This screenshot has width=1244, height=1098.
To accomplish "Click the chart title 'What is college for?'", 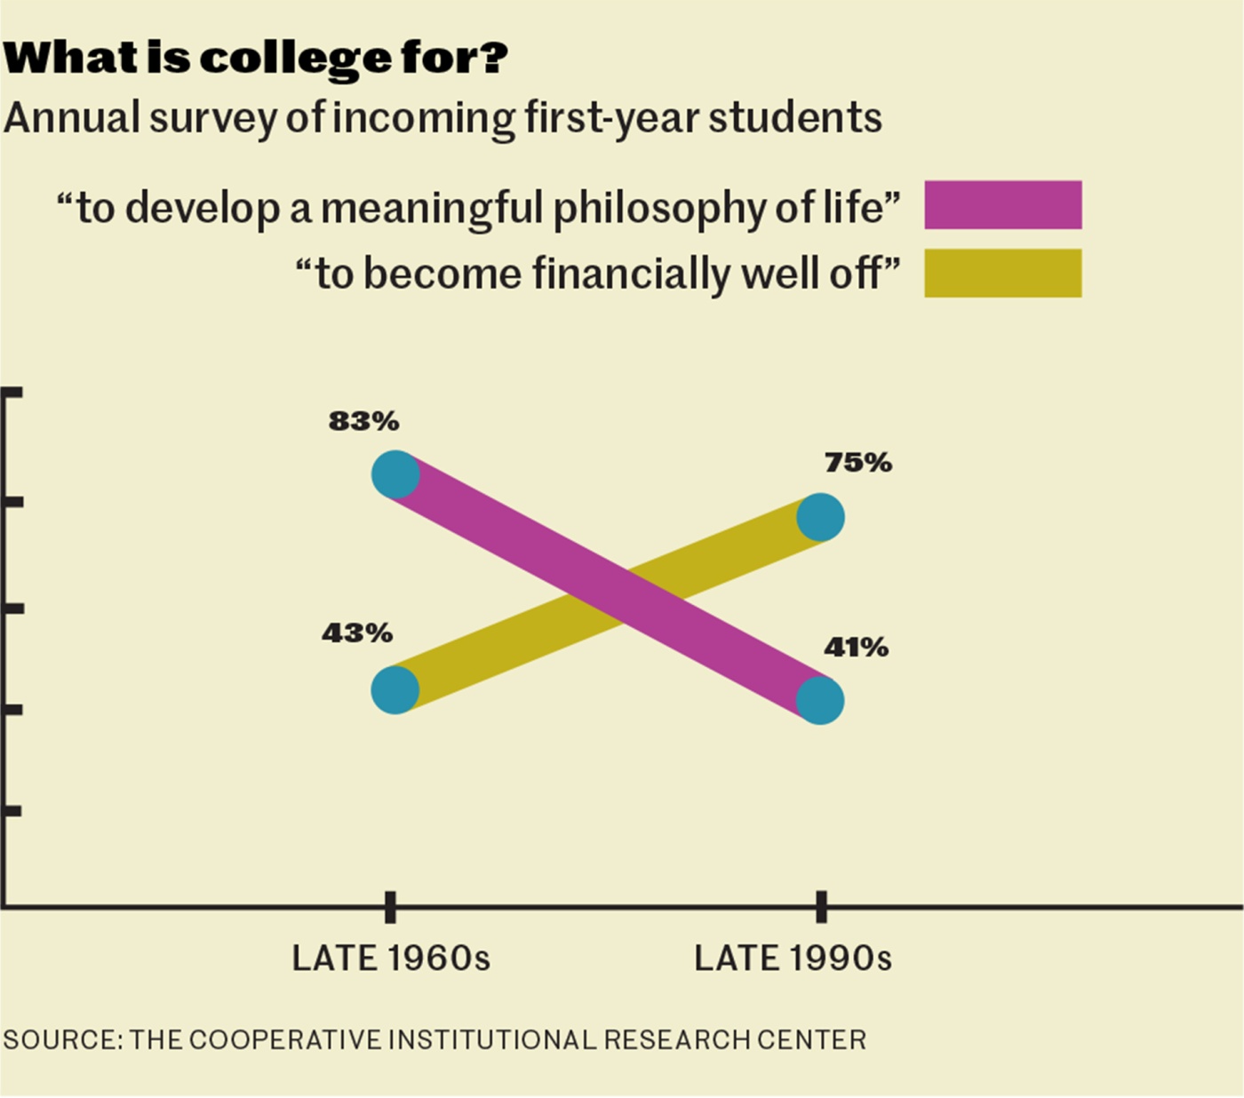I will click(255, 58).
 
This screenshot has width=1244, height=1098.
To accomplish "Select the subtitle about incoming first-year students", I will click(443, 118).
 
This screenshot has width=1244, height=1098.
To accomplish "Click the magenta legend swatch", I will click(1002, 205).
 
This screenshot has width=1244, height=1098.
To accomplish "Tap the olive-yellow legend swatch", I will click(1002, 273).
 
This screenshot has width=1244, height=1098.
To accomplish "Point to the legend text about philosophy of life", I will click(479, 207).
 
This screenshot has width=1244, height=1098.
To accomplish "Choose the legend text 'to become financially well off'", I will click(598, 274).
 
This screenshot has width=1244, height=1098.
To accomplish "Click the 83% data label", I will click(363, 421).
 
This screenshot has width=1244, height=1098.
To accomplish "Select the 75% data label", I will click(857, 463).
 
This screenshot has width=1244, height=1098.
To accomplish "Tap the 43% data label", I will click(357, 633).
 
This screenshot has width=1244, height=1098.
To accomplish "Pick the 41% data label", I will click(856, 648).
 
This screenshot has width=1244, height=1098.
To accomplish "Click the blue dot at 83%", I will click(395, 474).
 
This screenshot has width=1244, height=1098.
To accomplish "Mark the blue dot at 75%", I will click(820, 517).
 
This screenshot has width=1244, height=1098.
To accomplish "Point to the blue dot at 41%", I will click(819, 700).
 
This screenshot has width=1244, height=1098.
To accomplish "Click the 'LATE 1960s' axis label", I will click(391, 959).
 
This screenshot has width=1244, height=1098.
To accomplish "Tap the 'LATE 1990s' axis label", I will click(793, 959).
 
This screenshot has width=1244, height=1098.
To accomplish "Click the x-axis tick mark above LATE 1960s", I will click(390, 907).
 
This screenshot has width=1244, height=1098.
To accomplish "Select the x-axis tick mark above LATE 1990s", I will click(821, 907).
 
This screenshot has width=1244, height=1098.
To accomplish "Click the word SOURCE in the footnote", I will click(62, 1039).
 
